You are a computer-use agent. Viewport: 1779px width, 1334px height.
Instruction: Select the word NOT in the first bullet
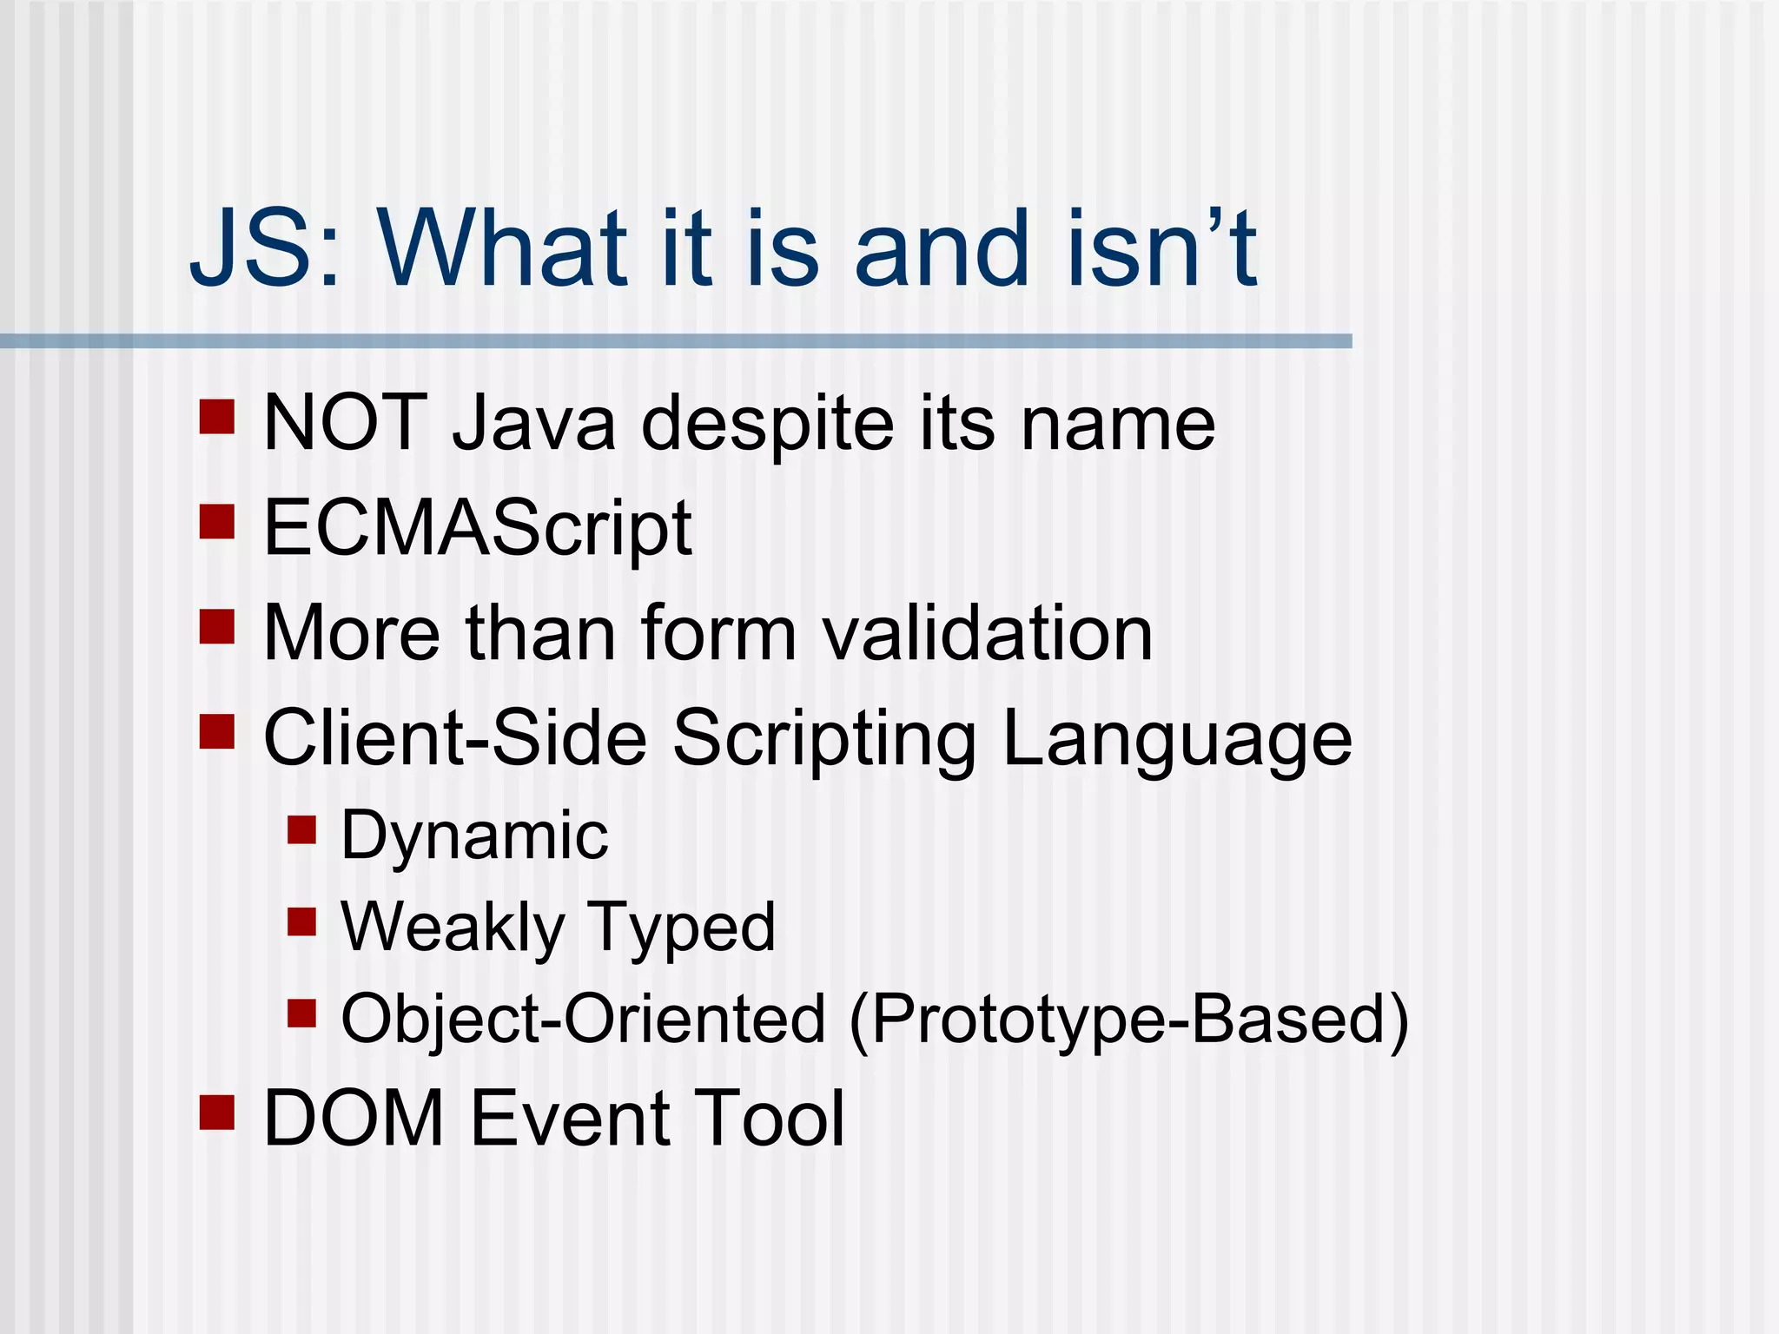(344, 423)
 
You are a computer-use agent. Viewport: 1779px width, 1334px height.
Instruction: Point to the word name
(1117, 425)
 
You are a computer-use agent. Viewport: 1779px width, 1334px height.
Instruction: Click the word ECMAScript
(477, 529)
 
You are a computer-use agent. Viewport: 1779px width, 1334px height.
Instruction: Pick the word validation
(988, 633)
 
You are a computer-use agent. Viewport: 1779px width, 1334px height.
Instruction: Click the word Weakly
(452, 928)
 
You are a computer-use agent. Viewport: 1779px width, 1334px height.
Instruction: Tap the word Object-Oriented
(583, 1020)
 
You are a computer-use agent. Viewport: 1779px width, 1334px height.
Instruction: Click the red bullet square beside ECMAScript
(217, 522)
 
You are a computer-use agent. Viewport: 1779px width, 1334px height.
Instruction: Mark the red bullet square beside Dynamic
(301, 829)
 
